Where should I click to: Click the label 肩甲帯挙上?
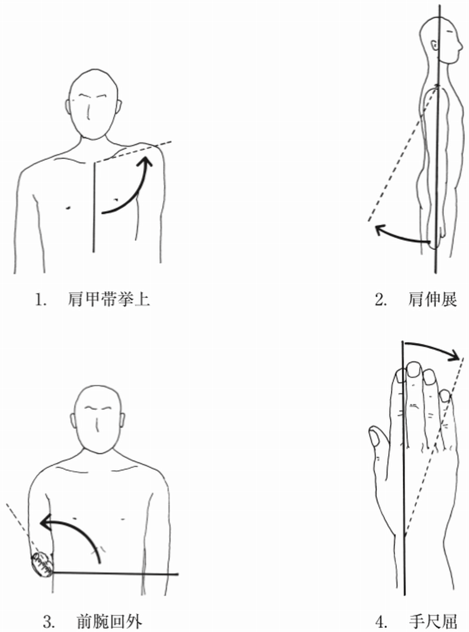[x=109, y=300]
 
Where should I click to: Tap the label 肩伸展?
[x=432, y=300]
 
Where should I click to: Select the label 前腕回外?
[x=109, y=621]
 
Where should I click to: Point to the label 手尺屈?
[x=433, y=621]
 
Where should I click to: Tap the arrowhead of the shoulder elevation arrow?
[x=146, y=162]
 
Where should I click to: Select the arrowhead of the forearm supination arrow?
[x=45, y=522]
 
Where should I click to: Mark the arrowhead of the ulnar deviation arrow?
[x=454, y=355]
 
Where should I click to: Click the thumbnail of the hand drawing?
[x=374, y=438]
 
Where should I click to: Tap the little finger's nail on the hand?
[x=445, y=396]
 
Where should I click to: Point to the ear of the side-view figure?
[x=434, y=45]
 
